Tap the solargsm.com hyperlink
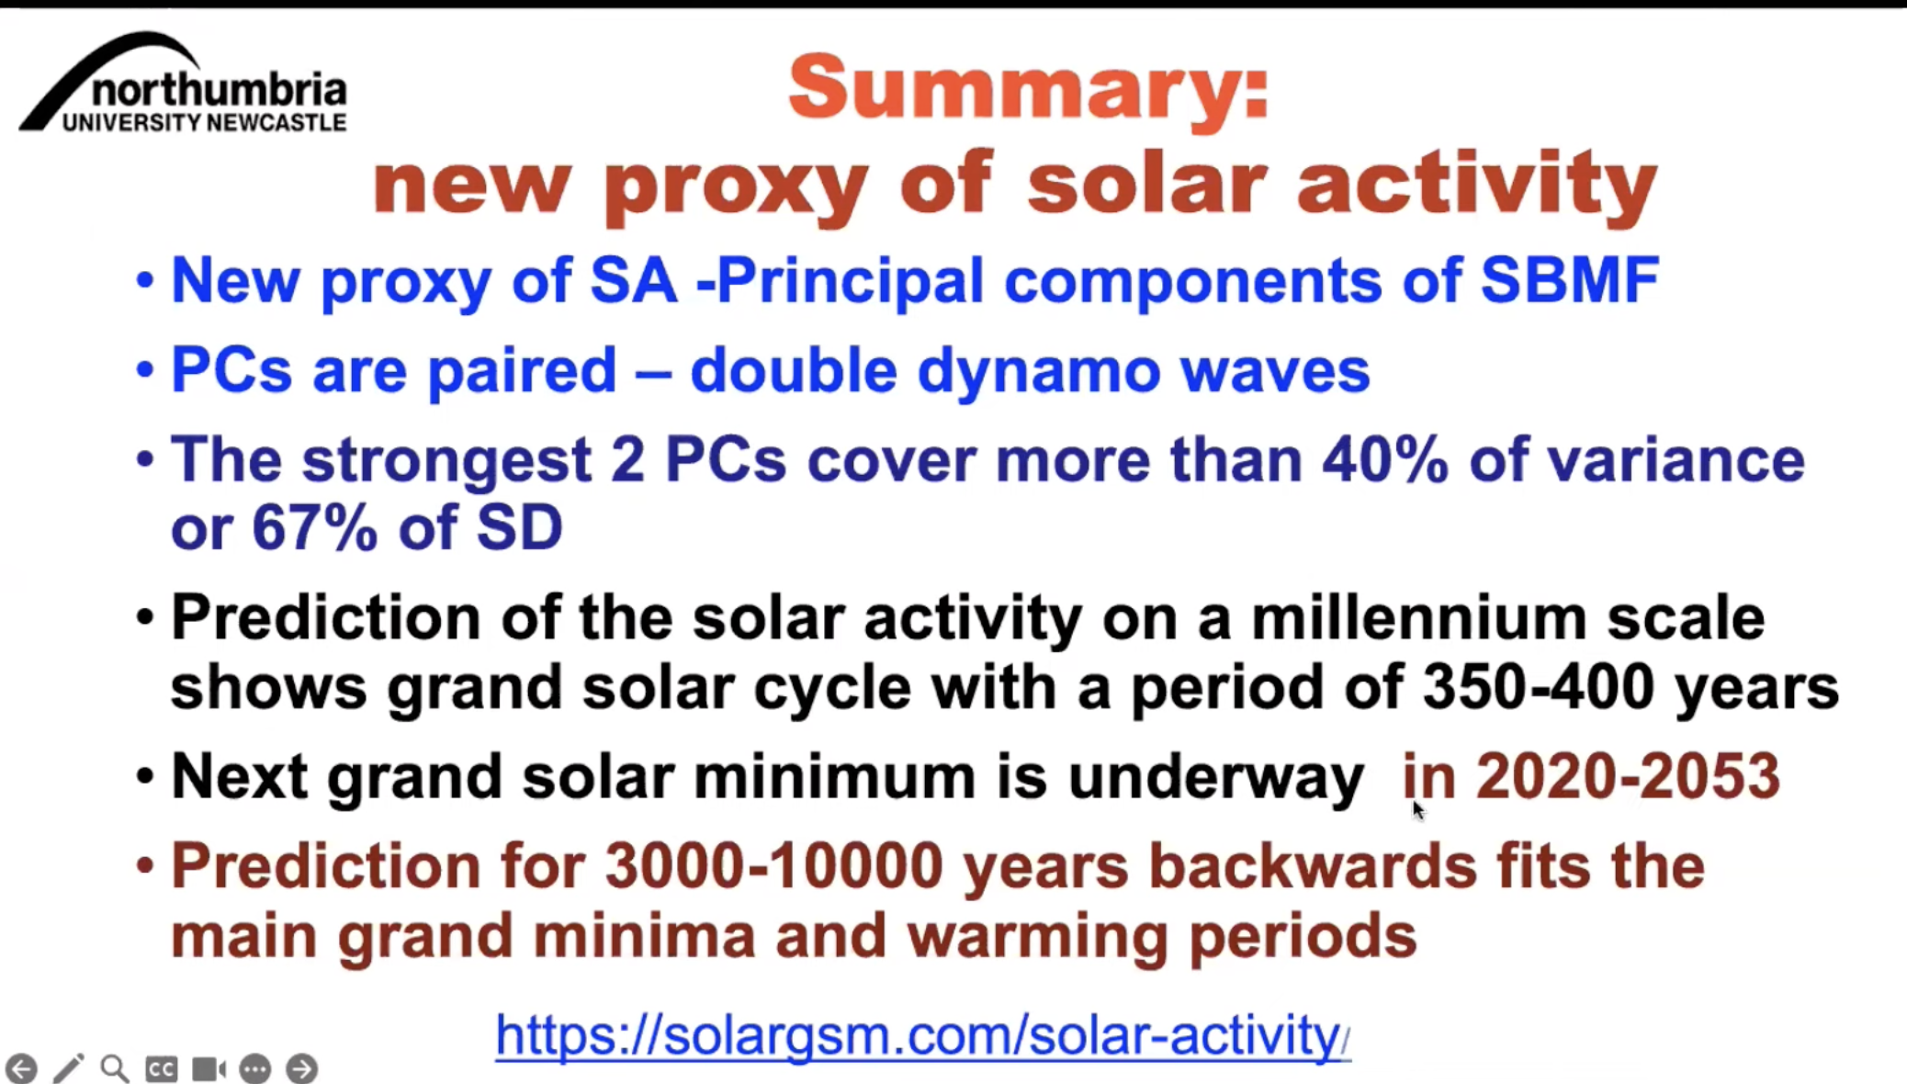[x=922, y=1035]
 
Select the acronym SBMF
[x=1569, y=279]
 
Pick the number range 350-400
[x=1539, y=686]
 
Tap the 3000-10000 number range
[x=773, y=866]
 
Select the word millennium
[x=1418, y=616]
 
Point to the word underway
[x=1214, y=777]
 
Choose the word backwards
[x=1312, y=866]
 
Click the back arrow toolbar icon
[x=21, y=1068]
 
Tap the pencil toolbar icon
[x=69, y=1067]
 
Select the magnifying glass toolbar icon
[x=115, y=1068]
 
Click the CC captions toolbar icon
[x=162, y=1068]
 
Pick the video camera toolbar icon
[x=209, y=1068]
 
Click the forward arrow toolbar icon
[x=301, y=1068]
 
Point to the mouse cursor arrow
[x=1418, y=810]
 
